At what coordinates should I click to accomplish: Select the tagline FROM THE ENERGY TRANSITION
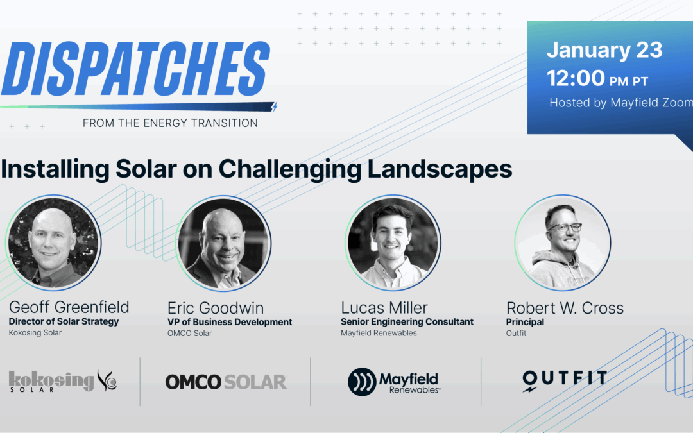[x=170, y=123]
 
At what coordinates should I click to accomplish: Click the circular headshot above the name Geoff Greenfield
[x=54, y=242]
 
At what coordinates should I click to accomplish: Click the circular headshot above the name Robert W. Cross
[x=563, y=242]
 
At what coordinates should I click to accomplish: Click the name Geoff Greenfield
[x=69, y=307]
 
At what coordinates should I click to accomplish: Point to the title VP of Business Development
[x=230, y=322]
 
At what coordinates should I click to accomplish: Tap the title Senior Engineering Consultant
[x=407, y=322]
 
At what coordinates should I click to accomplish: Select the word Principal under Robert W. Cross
[x=525, y=322]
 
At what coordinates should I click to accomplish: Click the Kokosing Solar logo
[x=63, y=381]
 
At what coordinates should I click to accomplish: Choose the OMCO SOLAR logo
[x=226, y=382]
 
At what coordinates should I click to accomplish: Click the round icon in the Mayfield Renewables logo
[x=361, y=382]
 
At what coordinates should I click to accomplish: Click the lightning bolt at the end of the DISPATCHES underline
[x=275, y=107]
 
